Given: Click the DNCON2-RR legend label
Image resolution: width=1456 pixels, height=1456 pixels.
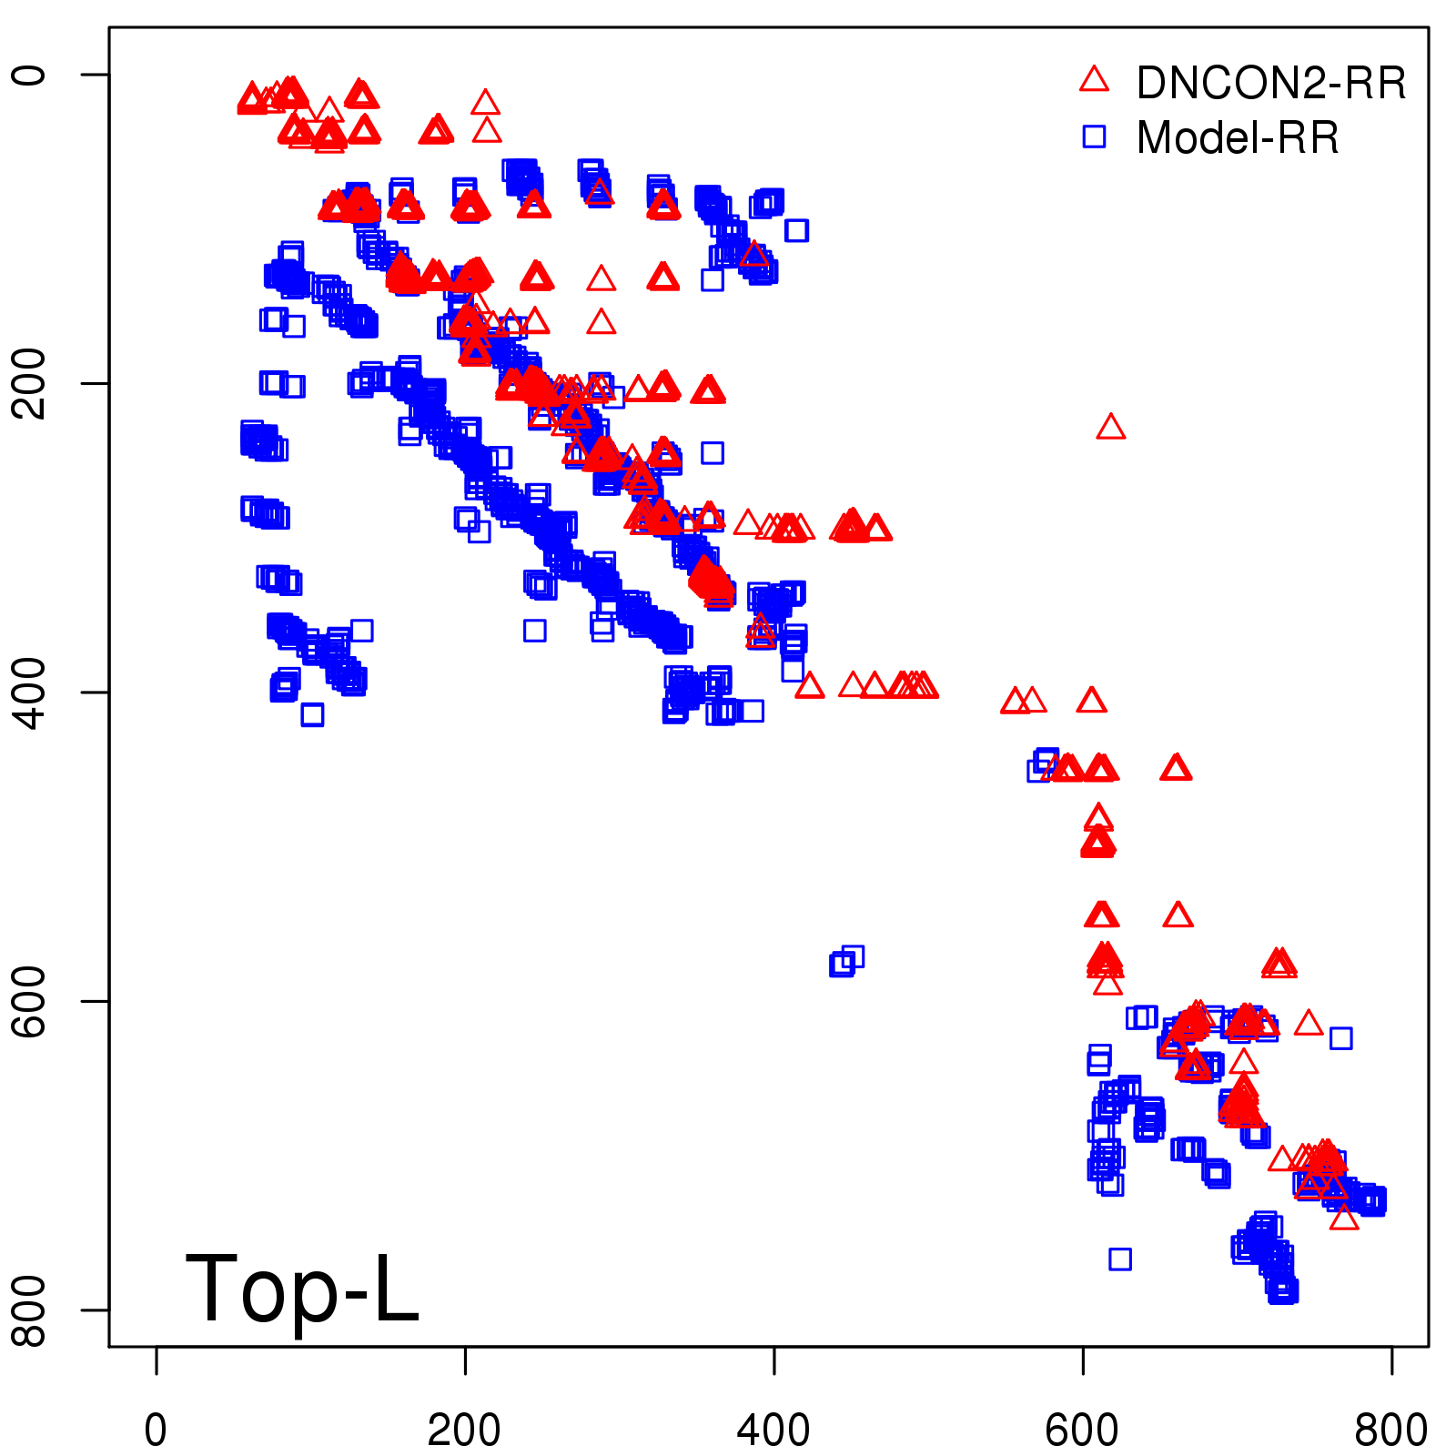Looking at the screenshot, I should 1270,84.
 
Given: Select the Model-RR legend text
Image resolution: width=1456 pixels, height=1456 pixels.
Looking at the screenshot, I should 1238,138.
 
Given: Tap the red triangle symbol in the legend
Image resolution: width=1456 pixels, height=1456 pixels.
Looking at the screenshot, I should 1094,80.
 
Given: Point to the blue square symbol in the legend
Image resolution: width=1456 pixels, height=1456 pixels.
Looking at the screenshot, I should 1094,136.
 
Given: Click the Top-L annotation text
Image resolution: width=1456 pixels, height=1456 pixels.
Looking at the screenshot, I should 302,1289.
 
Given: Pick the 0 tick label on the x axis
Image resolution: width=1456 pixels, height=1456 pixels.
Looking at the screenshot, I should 156,1431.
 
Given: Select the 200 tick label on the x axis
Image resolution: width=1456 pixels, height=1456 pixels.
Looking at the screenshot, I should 464,1431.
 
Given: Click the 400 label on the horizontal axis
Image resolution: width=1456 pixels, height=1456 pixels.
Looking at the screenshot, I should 773,1431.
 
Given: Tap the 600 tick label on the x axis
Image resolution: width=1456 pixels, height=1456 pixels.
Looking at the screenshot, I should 1082,1431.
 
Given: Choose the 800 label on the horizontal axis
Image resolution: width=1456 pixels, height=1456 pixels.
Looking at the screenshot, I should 1390,1431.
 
